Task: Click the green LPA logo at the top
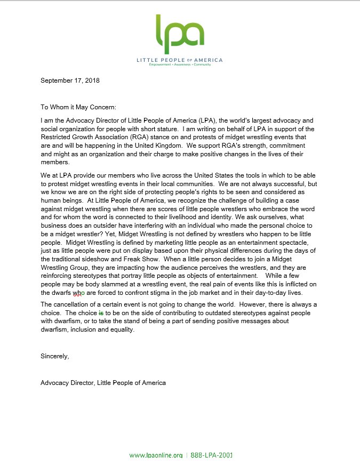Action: (180, 32)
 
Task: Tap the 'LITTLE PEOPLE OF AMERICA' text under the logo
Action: (180, 60)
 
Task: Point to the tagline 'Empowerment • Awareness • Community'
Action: (180, 65)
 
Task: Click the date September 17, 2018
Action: (70, 81)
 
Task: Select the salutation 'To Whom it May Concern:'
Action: (82, 107)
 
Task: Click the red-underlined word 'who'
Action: (79, 293)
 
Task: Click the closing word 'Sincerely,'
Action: (55, 356)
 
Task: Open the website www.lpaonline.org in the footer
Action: (156, 455)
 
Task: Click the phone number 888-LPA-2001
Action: (211, 455)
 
